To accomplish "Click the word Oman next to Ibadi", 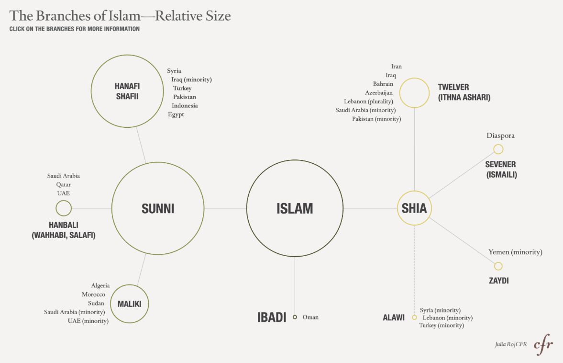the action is pos(310,317).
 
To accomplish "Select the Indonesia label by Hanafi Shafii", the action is pos(185,106).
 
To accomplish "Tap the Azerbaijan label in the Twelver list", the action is pos(379,93).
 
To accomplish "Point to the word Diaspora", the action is pos(500,136).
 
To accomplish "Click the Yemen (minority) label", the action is pos(515,252).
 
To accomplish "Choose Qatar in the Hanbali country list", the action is pos(64,184).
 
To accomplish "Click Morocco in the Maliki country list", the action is pos(93,295).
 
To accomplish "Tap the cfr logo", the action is pos(543,344).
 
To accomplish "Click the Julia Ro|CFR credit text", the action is pos(511,344).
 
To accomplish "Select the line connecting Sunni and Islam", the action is pos(225,208).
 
